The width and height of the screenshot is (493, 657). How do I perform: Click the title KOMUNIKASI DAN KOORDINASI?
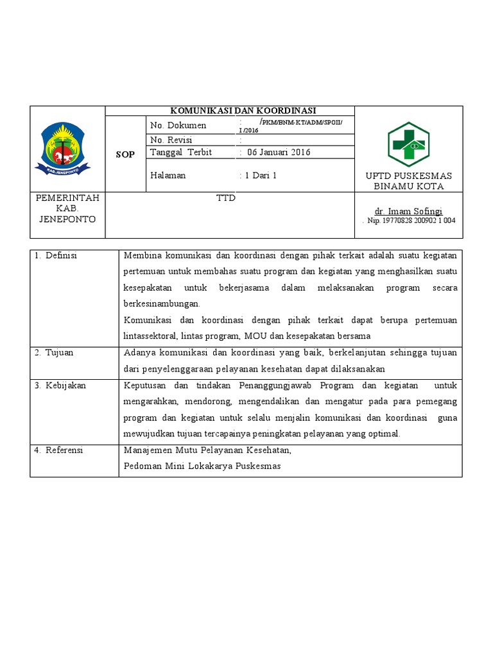[x=229, y=110]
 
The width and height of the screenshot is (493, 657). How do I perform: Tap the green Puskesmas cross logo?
[x=408, y=144]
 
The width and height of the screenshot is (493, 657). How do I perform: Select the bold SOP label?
[x=126, y=155]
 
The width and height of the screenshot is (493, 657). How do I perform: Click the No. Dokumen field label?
[x=178, y=125]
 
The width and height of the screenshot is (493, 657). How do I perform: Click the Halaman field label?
[x=168, y=175]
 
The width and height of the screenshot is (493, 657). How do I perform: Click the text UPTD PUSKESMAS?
[x=408, y=176]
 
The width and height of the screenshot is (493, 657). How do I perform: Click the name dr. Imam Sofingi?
[x=408, y=211]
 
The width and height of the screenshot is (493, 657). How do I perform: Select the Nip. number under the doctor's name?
[x=411, y=220]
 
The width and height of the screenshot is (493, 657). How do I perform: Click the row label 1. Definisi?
[x=56, y=255]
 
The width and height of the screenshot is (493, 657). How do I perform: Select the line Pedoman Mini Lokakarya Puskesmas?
[x=202, y=466]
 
